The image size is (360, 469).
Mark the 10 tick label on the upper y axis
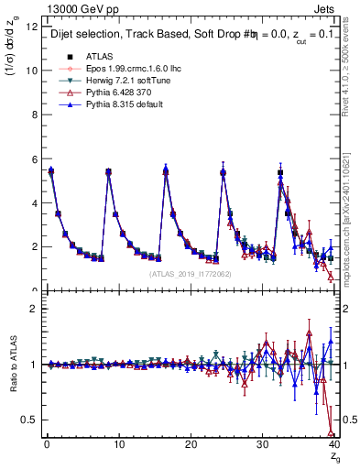(x=31, y=71)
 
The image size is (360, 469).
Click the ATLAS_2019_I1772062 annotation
(x=187, y=273)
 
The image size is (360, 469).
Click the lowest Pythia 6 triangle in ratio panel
(x=330, y=431)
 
